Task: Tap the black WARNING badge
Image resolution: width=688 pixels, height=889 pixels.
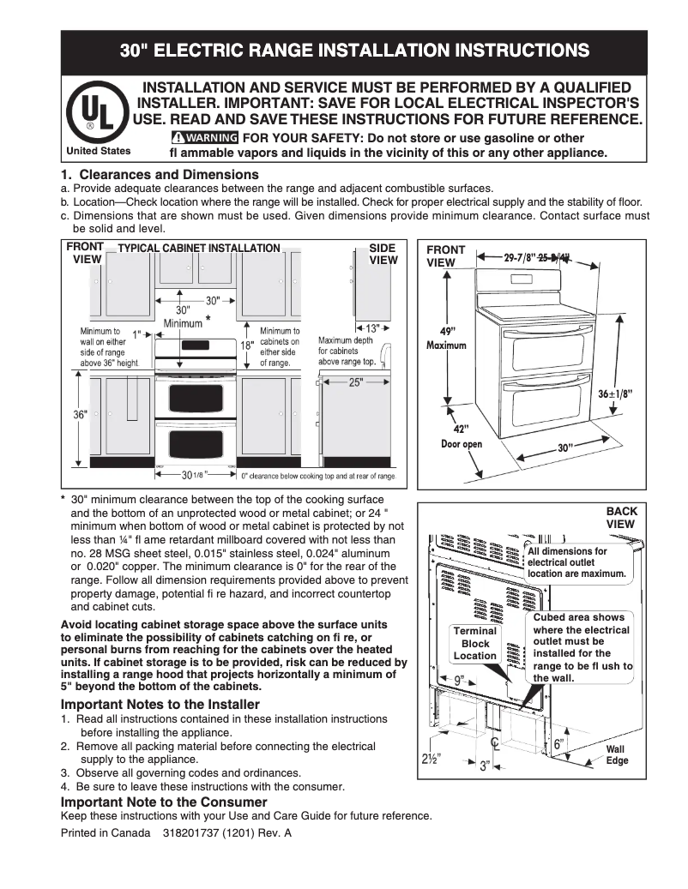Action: (x=204, y=138)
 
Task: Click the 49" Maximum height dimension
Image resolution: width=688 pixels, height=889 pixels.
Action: (x=447, y=338)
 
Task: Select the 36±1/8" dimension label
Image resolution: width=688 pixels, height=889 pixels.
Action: (x=614, y=393)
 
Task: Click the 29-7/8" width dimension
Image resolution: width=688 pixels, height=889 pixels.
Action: (x=521, y=256)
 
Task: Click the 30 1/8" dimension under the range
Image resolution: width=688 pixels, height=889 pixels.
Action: (x=191, y=474)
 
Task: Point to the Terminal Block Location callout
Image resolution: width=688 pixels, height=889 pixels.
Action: (x=475, y=643)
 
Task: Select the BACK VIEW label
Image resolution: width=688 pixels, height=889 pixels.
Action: (x=621, y=517)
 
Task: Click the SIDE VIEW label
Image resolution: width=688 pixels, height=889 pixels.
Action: (x=383, y=254)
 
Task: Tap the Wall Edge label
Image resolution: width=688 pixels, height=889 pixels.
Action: (x=617, y=754)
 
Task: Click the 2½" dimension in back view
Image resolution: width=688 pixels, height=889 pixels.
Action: (x=432, y=759)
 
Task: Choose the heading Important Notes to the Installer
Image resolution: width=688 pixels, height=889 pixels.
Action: (x=160, y=705)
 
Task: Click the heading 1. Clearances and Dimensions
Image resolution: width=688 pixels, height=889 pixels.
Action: (x=160, y=175)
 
